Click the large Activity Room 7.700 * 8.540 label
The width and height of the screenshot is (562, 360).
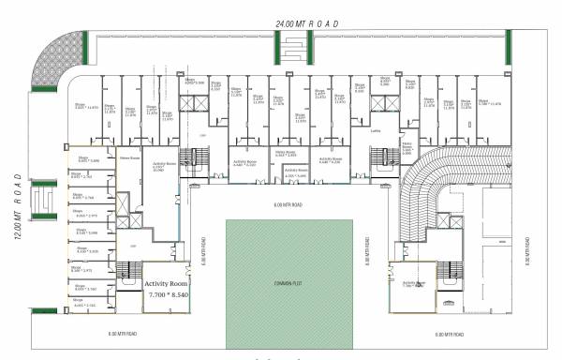167,288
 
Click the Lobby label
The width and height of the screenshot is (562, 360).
375,131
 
